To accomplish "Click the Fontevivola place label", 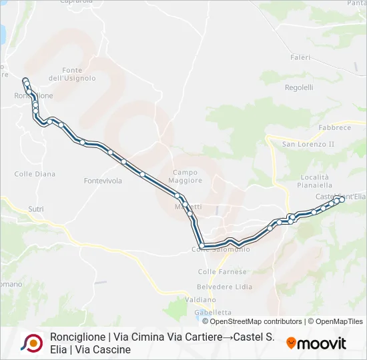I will click(x=103, y=181).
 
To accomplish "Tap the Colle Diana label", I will click(x=35, y=174).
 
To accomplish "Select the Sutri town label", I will click(x=36, y=209).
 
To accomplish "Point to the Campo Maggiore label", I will click(x=187, y=176).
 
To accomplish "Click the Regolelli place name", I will click(x=299, y=87).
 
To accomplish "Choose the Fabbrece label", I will click(x=334, y=127).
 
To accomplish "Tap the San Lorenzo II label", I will click(x=308, y=144).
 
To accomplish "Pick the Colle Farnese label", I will click(x=222, y=272).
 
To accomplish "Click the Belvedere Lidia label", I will click(x=230, y=285).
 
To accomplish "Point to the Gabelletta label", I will click(x=213, y=312).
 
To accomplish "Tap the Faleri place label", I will click(x=300, y=57).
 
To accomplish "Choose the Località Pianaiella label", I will click(x=316, y=181).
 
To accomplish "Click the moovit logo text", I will click(x=322, y=343).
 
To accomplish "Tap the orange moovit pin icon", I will click(x=290, y=343).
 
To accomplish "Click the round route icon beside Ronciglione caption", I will click(x=31, y=343).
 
